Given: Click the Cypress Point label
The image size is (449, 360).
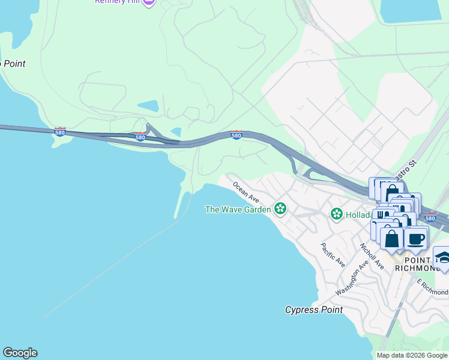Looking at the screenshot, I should pyautogui.click(x=314, y=310).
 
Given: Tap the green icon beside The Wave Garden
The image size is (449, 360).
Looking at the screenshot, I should pyautogui.click(x=280, y=209).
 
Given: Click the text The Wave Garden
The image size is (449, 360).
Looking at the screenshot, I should pyautogui.click(x=238, y=209).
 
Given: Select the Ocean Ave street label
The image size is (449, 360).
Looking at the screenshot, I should pyautogui.click(x=246, y=193).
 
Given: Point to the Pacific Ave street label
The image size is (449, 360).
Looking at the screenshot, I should pyautogui.click(x=333, y=254).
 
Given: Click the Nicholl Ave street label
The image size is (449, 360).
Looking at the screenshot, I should pyautogui.click(x=371, y=256).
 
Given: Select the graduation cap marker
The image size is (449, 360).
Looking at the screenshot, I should pyautogui.click(x=442, y=258).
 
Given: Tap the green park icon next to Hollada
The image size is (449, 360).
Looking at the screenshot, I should pyautogui.click(x=337, y=213).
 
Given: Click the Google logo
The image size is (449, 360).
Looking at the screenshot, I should pyautogui.click(x=20, y=353).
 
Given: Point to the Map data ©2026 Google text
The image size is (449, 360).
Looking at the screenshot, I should pyautogui.click(x=412, y=355).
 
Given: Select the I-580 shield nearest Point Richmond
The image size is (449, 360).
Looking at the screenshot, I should pyautogui.click(x=430, y=218).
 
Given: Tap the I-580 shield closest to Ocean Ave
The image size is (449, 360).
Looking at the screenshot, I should pyautogui.click(x=237, y=135).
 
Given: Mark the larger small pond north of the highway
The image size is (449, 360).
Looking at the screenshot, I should pyautogui.click(x=148, y=106).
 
